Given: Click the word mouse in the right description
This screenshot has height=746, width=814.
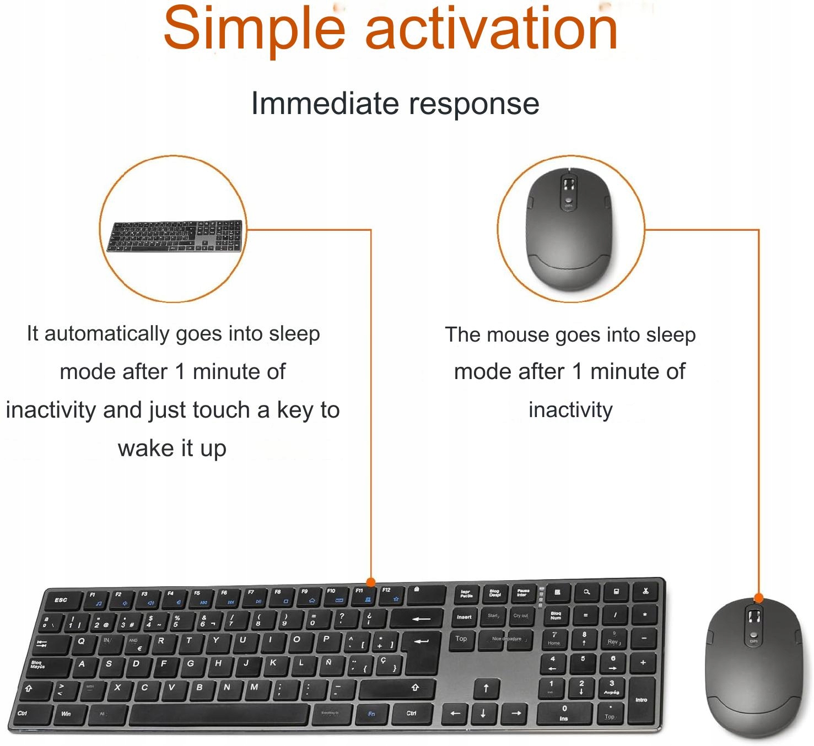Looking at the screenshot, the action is [x=517, y=334].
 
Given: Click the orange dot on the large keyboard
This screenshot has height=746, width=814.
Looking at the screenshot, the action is [x=371, y=582].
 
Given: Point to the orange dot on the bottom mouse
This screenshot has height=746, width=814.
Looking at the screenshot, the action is [x=758, y=598].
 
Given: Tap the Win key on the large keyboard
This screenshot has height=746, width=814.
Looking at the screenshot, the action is [x=67, y=714].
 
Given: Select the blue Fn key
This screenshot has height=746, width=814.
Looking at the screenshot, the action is [x=372, y=714].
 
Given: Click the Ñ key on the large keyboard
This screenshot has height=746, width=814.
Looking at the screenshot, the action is [x=329, y=663].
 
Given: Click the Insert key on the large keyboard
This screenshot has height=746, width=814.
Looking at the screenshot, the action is [x=464, y=618].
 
